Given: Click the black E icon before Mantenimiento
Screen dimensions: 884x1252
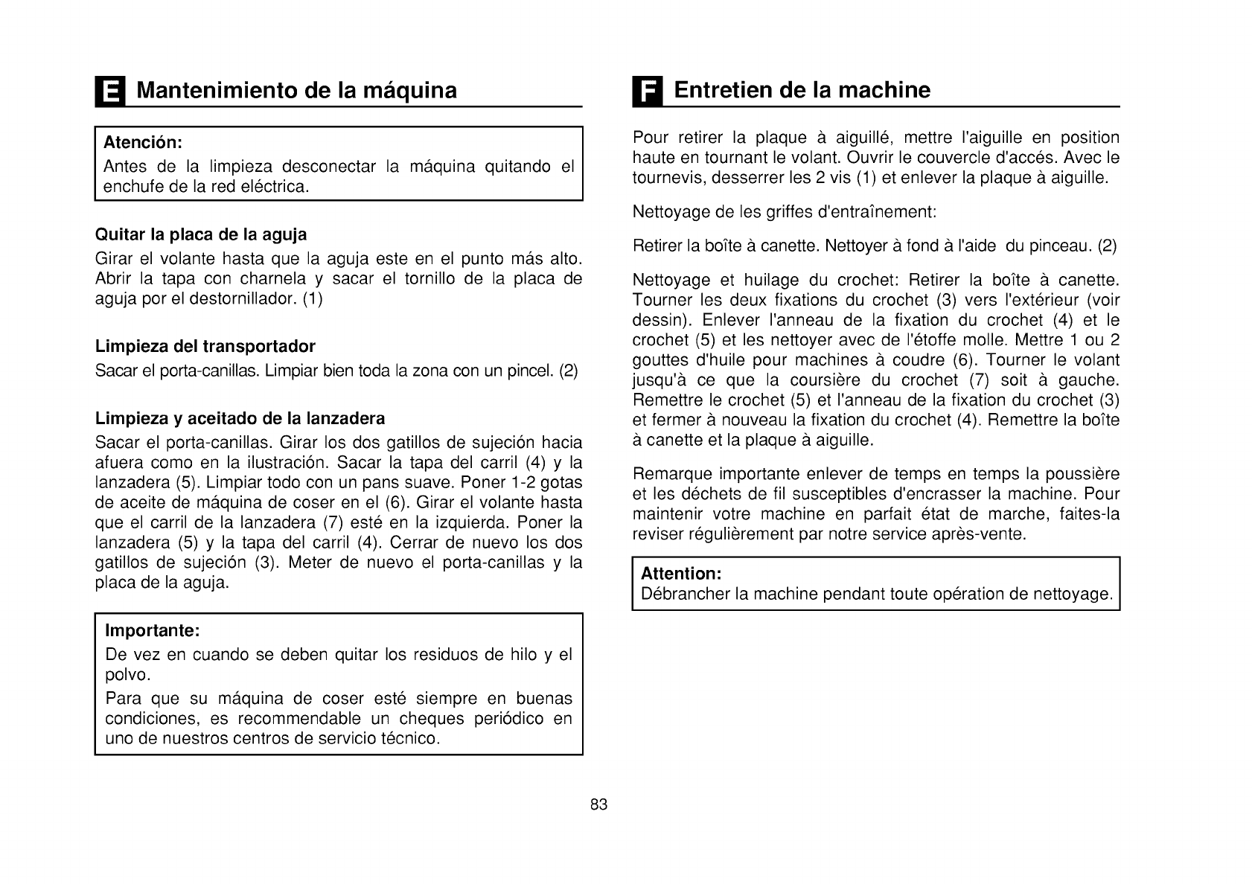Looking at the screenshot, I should click(109, 92).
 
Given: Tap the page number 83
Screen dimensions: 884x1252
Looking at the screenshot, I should click(599, 804).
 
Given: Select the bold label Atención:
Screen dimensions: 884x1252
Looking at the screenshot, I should click(143, 142).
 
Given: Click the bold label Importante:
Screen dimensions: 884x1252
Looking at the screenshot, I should click(153, 631).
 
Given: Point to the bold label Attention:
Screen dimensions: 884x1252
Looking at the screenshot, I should click(681, 574).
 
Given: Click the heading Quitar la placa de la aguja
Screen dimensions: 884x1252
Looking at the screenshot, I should click(201, 235).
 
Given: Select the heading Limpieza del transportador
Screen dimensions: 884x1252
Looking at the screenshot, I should click(205, 346).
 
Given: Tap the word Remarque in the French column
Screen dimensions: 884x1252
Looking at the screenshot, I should click(666, 475).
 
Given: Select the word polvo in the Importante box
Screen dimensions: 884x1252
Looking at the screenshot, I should click(128, 676).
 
